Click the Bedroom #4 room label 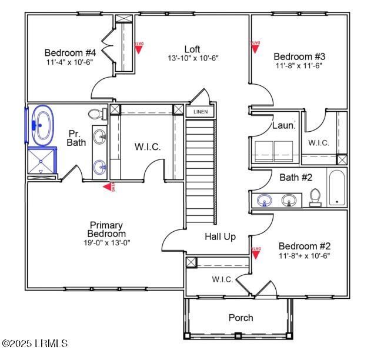[70, 52]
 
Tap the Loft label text [192, 49]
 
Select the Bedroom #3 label [299, 56]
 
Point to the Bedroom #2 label [304, 246]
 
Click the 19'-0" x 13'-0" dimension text [106, 242]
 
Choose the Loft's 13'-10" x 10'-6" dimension [193, 58]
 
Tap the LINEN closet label [201, 111]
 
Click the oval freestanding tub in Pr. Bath [42, 125]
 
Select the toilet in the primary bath [95, 114]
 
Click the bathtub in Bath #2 [337, 188]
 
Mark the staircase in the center [201, 171]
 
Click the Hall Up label [220, 236]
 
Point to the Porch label [241, 318]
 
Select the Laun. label [283, 125]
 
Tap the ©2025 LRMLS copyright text [35, 343]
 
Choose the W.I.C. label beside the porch [222, 279]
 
